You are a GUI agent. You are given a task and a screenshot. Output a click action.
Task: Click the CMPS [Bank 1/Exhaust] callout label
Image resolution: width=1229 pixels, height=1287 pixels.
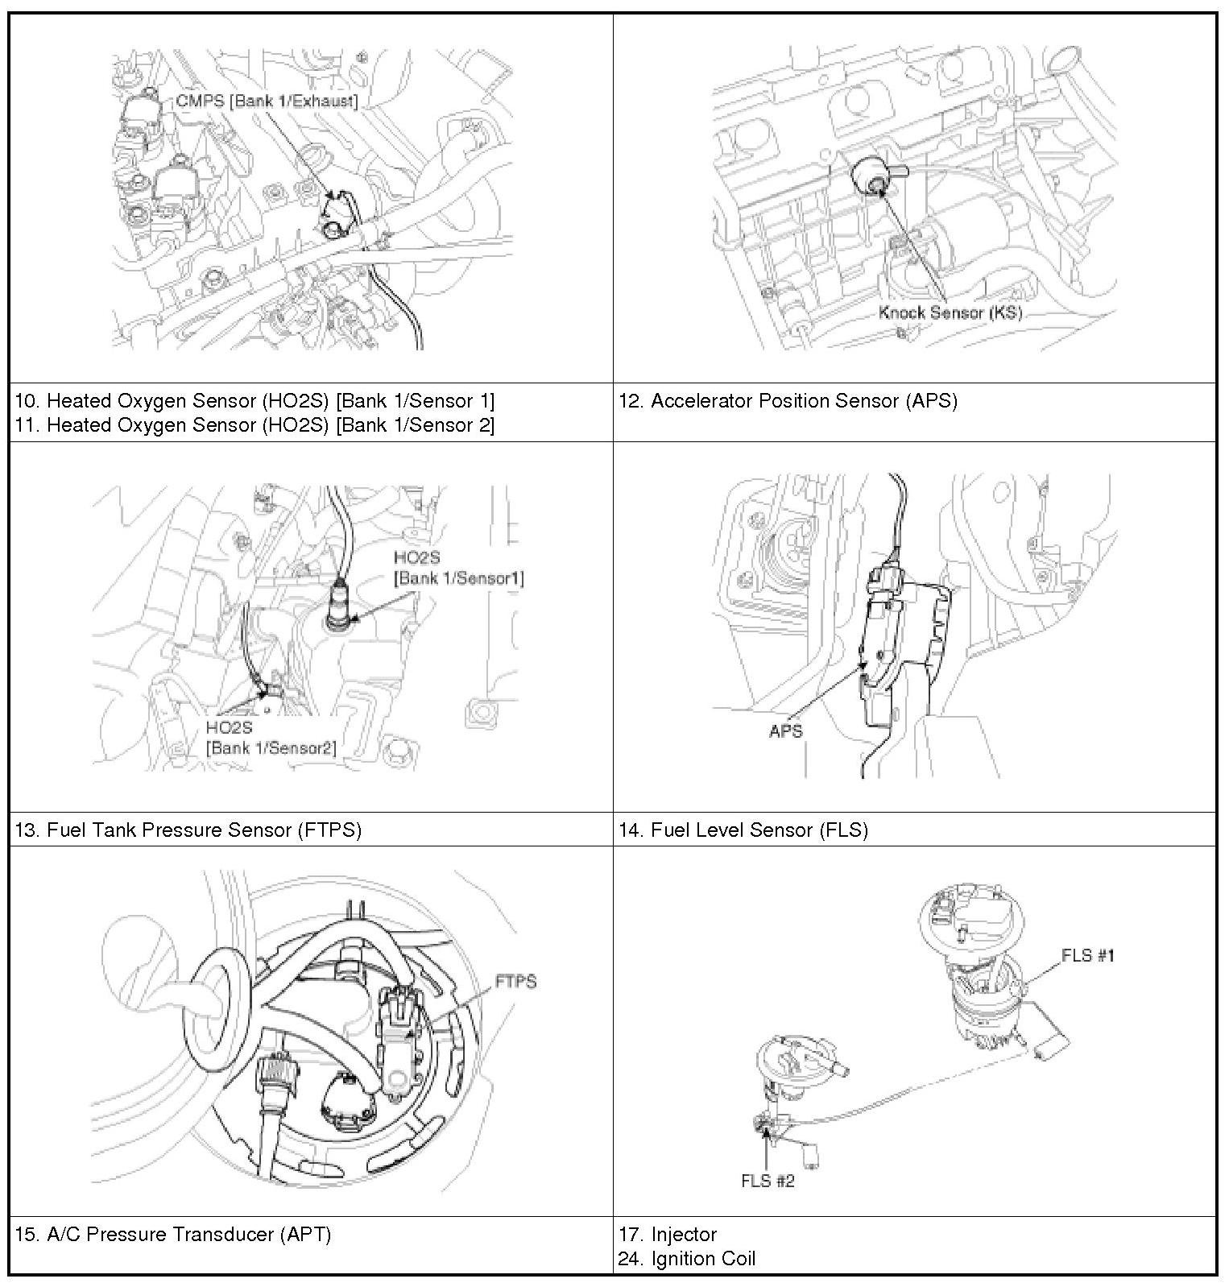tap(267, 101)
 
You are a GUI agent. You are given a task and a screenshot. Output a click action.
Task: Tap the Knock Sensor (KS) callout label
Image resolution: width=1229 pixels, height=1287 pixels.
tap(950, 312)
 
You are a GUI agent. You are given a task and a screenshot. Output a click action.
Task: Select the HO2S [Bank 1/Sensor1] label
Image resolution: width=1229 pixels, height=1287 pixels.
tap(458, 568)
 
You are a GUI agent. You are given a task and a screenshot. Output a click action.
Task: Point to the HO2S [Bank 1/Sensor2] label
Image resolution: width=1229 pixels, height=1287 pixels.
tap(271, 738)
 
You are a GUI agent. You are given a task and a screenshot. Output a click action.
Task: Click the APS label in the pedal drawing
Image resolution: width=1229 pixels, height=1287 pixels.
tap(786, 731)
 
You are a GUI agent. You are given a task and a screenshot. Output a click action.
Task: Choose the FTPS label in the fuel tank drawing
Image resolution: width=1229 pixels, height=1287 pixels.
tap(515, 982)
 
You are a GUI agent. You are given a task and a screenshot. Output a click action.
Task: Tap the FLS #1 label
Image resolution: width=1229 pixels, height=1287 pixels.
tap(1087, 955)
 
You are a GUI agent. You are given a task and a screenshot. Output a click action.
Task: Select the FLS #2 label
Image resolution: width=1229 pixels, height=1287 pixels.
tap(768, 1181)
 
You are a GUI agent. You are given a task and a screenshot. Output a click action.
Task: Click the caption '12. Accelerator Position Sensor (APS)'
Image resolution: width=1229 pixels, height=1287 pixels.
tap(788, 401)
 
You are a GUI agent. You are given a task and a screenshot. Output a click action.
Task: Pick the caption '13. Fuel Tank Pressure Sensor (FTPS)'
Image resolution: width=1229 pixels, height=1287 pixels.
tap(188, 830)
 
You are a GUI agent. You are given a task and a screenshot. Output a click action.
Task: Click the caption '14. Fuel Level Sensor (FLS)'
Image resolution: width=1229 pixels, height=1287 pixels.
tap(743, 830)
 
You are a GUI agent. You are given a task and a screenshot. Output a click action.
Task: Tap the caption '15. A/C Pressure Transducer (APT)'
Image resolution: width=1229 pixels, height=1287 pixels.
tap(173, 1234)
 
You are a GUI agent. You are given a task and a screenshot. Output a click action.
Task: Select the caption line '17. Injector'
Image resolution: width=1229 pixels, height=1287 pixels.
tap(668, 1234)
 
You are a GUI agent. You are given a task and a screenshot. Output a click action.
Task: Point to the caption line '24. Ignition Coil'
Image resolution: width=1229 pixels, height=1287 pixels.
tap(687, 1258)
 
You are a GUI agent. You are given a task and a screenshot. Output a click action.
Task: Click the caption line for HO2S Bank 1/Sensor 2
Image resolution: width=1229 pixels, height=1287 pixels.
tap(254, 424)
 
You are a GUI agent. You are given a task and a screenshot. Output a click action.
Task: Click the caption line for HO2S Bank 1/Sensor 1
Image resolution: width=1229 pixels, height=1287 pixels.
tap(254, 400)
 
